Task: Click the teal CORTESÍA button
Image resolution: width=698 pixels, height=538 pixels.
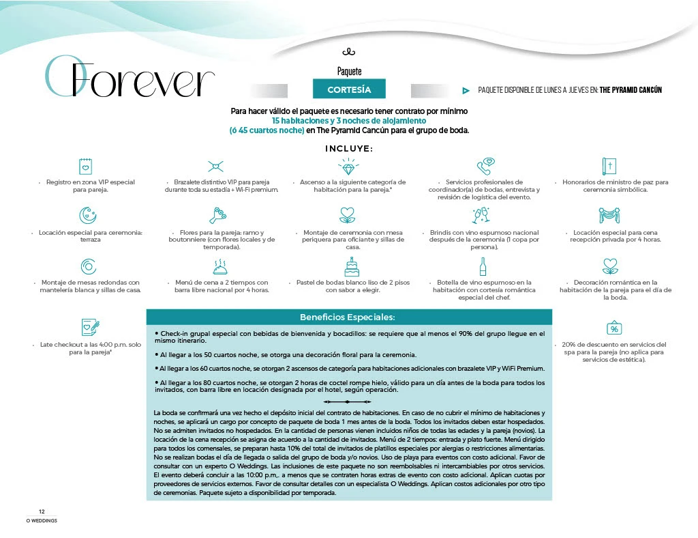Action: pyautogui.click(x=349, y=89)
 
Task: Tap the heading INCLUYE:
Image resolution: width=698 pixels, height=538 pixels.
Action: pyautogui.click(x=349, y=148)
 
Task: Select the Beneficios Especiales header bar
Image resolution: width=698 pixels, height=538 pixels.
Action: pyautogui.click(x=348, y=317)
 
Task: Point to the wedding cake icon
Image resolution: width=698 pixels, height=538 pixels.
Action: pyautogui.click(x=351, y=266)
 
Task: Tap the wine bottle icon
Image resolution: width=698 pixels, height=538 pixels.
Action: pyautogui.click(x=483, y=266)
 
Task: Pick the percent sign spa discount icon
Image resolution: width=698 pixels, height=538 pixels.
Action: pyautogui.click(x=614, y=328)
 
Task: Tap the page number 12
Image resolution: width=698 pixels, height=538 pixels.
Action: pyautogui.click(x=42, y=511)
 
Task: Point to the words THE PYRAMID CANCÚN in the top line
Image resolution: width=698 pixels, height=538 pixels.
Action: pyautogui.click(x=631, y=90)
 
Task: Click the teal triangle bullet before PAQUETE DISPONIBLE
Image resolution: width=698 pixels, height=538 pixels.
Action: pyautogui.click(x=466, y=90)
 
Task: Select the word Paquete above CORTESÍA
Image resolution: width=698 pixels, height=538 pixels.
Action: pyautogui.click(x=349, y=71)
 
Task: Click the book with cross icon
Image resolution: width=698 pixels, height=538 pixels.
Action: pyautogui.click(x=610, y=166)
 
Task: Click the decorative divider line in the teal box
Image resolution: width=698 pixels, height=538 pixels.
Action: pyautogui.click(x=348, y=402)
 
